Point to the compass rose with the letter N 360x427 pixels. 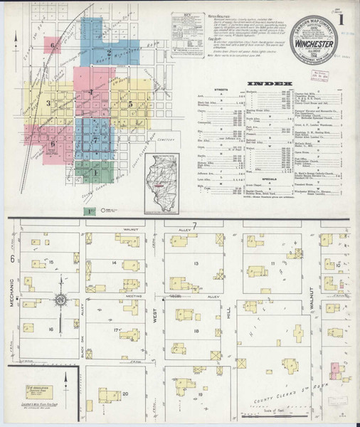61,302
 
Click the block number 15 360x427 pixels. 51,263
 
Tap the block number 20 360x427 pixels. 125,393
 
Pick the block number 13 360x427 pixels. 196,263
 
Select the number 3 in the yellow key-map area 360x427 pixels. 48,104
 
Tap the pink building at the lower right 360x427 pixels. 338,370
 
